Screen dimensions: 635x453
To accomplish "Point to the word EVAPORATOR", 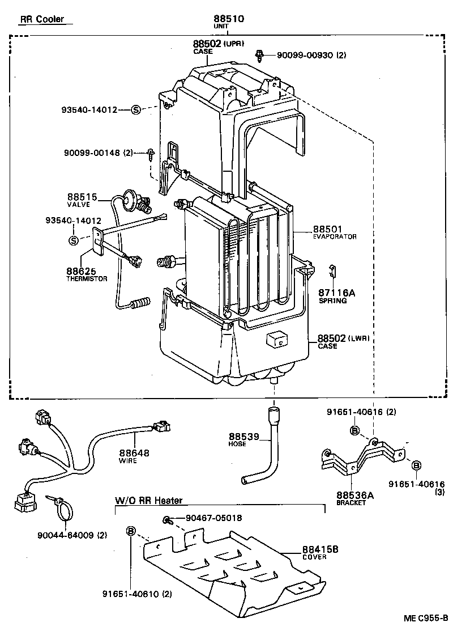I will pyautogui.click(x=335, y=236).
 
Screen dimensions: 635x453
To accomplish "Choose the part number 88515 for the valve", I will pyautogui.click(x=82, y=197).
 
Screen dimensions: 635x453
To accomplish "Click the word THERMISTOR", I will pyautogui.click(x=86, y=278).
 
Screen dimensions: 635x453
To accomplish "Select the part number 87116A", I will pyautogui.click(x=336, y=293).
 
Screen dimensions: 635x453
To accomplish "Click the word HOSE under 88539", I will pyautogui.click(x=238, y=444).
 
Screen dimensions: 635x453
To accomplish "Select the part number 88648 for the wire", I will pyautogui.click(x=134, y=453).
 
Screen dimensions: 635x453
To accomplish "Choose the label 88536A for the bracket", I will pyautogui.click(x=355, y=495).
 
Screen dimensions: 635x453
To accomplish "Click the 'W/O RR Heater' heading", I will pyautogui.click(x=149, y=501).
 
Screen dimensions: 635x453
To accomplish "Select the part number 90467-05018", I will pyautogui.click(x=213, y=518).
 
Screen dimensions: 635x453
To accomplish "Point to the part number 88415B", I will pyautogui.click(x=320, y=549).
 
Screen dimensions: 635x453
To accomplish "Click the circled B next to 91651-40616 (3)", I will pyautogui.click(x=416, y=465).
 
